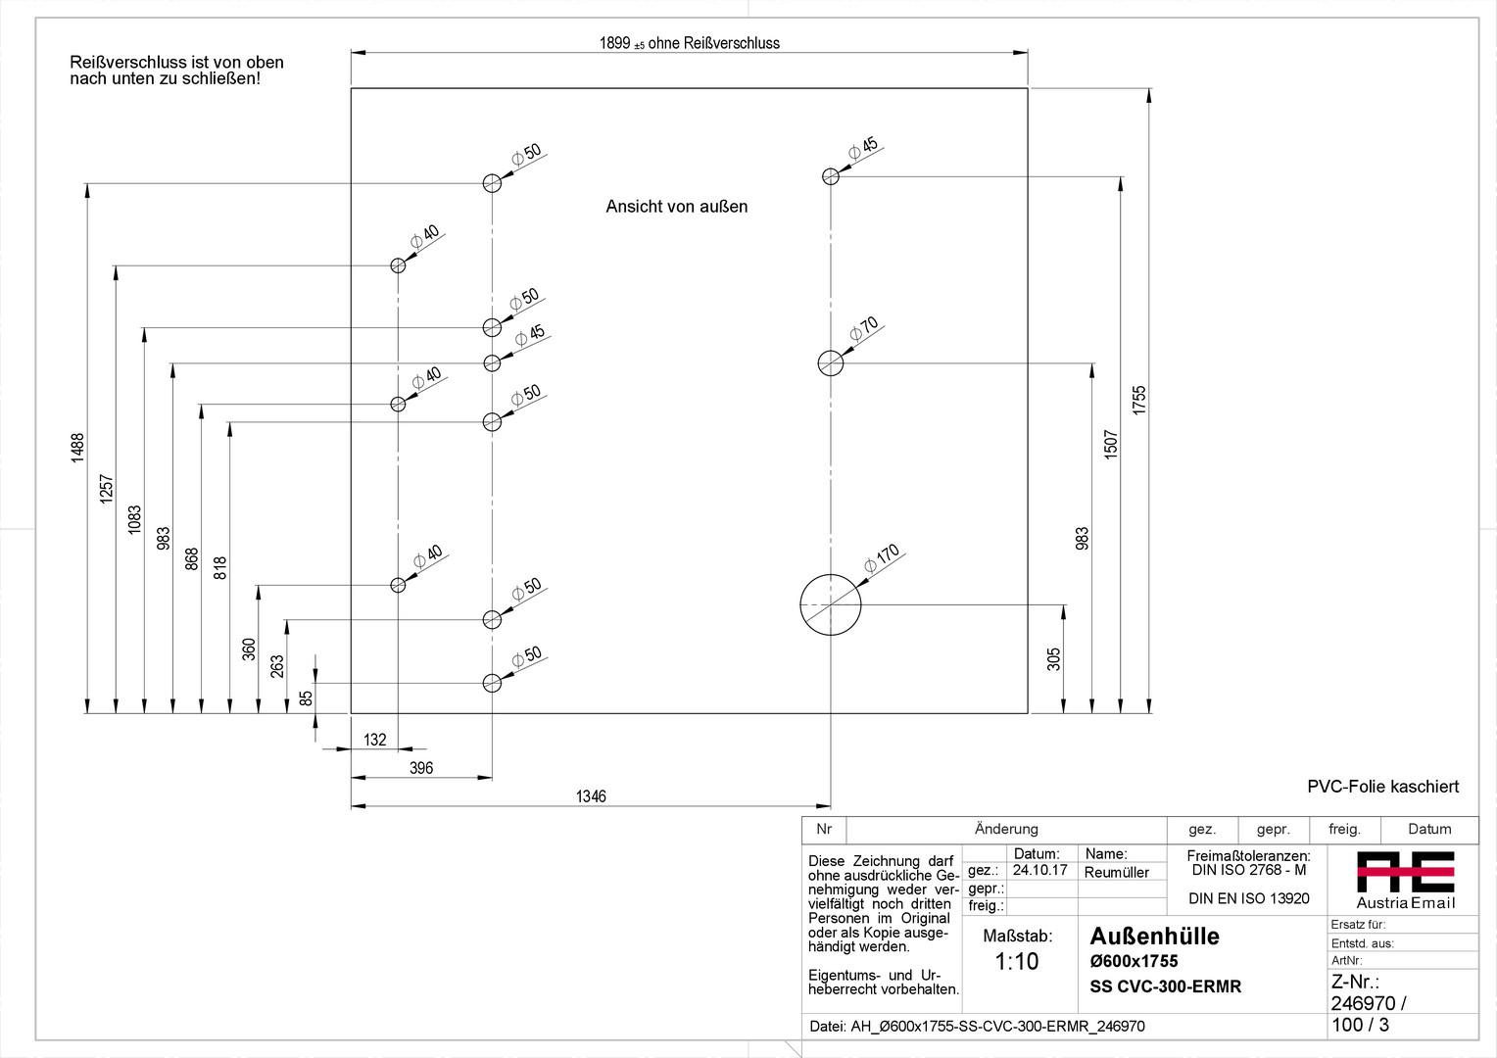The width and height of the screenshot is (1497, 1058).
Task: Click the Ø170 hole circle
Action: click(x=831, y=604)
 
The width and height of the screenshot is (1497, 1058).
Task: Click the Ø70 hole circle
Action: click(x=831, y=363)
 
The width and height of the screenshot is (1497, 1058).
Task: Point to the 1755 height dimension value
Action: click(x=1138, y=400)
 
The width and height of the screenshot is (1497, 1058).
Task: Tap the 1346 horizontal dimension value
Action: click(x=591, y=796)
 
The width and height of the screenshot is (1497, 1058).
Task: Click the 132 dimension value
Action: click(x=375, y=740)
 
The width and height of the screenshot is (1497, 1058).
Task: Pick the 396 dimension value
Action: click(x=421, y=768)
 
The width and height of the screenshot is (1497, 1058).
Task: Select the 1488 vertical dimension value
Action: click(x=77, y=448)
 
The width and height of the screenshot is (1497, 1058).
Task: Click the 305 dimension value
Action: click(x=1053, y=658)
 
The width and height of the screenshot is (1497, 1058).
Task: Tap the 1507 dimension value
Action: click(x=1110, y=444)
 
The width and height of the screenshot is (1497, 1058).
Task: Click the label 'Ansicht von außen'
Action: click(x=676, y=207)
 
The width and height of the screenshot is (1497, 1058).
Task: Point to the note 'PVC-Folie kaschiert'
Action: click(x=1382, y=787)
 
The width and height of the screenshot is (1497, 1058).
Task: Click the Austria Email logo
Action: click(x=1405, y=879)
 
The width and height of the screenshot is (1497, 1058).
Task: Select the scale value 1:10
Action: click(x=1016, y=962)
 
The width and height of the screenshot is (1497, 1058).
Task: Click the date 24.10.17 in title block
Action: click(x=1039, y=870)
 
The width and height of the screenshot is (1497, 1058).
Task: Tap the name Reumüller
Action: click(x=1116, y=872)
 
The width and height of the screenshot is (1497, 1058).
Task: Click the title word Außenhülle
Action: click(x=1154, y=937)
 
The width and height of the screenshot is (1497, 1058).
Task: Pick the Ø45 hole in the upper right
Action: click(x=831, y=176)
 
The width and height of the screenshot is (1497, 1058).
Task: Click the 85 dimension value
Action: click(x=306, y=697)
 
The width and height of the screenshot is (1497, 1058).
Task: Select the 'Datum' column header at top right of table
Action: click(x=1429, y=829)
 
